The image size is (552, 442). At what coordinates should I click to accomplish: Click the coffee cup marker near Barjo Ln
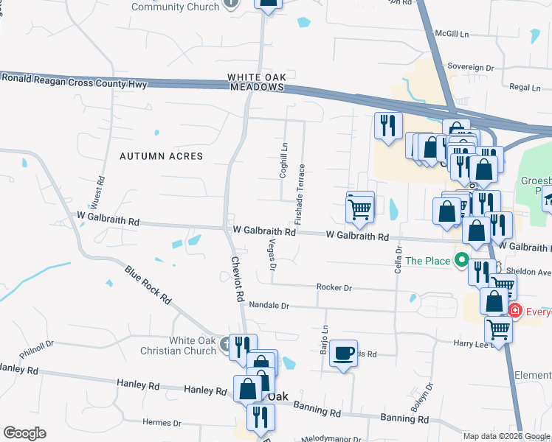point(344,354)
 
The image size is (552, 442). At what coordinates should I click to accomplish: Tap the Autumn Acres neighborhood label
point(162,156)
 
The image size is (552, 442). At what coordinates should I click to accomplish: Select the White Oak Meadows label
point(255,82)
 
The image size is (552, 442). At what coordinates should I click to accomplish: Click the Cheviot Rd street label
point(237,279)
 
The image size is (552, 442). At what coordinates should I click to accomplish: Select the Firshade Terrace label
point(300,194)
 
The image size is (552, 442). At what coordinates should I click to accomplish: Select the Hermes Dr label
point(162,423)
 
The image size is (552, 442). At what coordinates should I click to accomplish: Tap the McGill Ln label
point(452,34)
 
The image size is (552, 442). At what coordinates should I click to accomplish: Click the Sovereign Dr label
point(469,67)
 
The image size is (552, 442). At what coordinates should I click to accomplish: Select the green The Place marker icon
point(463,260)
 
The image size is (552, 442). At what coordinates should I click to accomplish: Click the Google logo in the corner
point(24,433)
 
